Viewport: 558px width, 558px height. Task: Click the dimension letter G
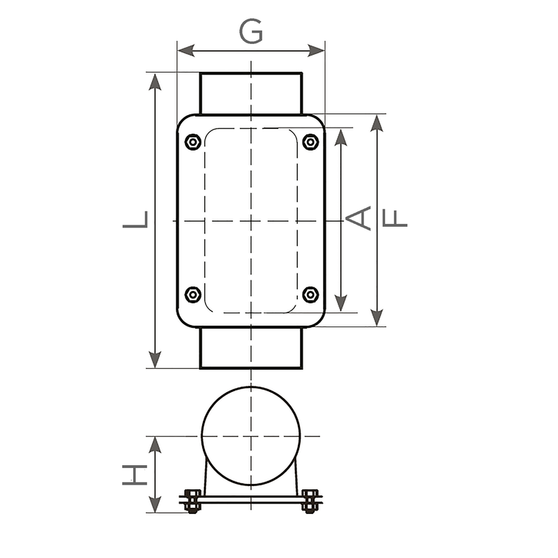pyautogui.click(x=251, y=31)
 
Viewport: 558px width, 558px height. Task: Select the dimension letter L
pyautogui.click(x=135, y=219)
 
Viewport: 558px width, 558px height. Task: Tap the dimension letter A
pyautogui.click(x=359, y=218)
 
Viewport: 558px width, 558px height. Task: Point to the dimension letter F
pyautogui.click(x=395, y=218)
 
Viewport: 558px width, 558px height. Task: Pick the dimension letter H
pyautogui.click(x=135, y=474)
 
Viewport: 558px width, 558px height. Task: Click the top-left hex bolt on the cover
pyautogui.click(x=193, y=142)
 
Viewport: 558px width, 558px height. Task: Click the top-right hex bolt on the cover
pyautogui.click(x=310, y=142)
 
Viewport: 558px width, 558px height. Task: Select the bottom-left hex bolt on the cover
pyautogui.click(x=193, y=294)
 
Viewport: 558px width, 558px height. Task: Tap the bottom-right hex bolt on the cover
pyautogui.click(x=310, y=294)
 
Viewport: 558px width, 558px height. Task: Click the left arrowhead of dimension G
pyautogui.click(x=186, y=50)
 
